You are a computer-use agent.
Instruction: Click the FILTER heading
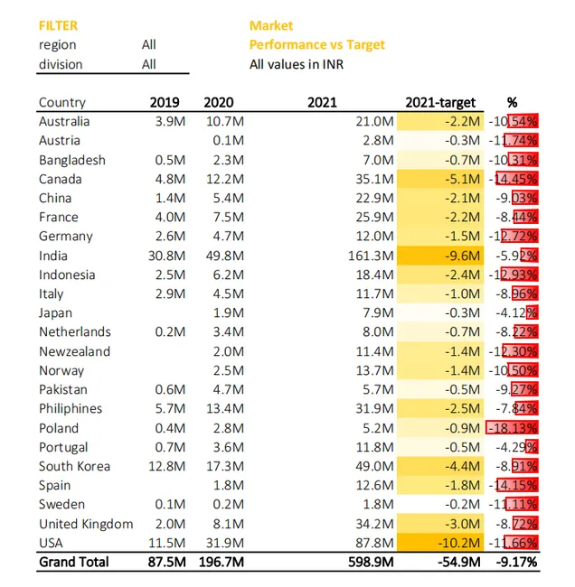point(58,26)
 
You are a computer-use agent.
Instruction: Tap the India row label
point(53,256)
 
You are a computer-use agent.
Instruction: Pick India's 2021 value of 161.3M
point(371,256)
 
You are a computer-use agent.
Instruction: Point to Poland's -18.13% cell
point(513,428)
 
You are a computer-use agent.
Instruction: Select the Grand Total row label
point(74,563)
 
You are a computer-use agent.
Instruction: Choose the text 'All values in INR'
point(297,64)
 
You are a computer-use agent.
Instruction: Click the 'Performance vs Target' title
point(316,45)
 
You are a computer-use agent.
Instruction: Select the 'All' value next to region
point(149,45)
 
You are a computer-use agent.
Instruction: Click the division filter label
point(61,64)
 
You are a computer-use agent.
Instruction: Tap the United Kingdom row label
point(86,524)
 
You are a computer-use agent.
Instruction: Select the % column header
point(513,102)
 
